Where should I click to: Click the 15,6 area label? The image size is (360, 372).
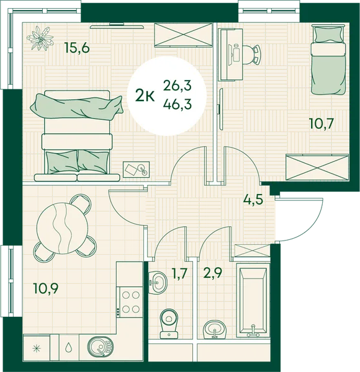(78, 48)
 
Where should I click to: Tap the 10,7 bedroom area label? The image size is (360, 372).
(322, 123)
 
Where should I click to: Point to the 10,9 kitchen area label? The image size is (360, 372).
(46, 289)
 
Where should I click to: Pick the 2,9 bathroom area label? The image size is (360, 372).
(212, 273)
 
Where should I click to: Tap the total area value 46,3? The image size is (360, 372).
(178, 104)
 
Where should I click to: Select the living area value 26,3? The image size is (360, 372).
(178, 86)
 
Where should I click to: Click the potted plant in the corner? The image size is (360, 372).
(40, 38)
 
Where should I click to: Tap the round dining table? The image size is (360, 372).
(62, 228)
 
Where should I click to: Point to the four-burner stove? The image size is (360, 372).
(130, 302)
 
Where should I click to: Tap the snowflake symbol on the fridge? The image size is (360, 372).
(37, 348)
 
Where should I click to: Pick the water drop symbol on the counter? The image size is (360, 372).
(69, 348)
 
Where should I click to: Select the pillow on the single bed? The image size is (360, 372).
(328, 33)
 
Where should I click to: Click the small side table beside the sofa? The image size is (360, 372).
(137, 169)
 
